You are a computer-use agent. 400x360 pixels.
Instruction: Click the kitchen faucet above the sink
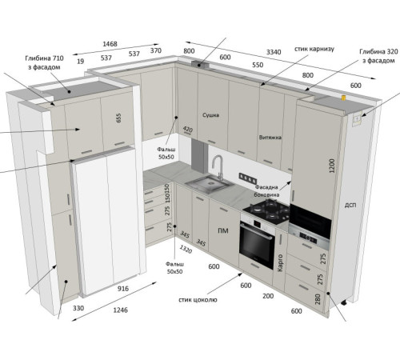(218, 166)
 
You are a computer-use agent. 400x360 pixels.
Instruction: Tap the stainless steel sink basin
(210, 183)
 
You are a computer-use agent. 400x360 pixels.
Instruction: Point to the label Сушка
(210, 115)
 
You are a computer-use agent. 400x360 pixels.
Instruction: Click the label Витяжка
(270, 138)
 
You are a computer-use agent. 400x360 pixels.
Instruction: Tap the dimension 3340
(274, 52)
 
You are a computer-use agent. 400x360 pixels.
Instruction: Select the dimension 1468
(110, 44)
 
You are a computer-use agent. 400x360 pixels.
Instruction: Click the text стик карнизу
(314, 49)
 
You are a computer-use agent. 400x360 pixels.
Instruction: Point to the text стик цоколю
(198, 300)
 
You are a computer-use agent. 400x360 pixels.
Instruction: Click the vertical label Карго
(280, 262)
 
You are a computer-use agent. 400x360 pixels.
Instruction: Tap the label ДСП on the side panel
(350, 205)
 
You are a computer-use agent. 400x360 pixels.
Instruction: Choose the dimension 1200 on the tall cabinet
(331, 166)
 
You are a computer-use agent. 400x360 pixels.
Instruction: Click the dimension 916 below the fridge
(123, 288)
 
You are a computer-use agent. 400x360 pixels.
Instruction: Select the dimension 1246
(121, 310)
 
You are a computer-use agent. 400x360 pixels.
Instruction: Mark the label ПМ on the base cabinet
(223, 230)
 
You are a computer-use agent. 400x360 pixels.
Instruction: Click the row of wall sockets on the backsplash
(248, 178)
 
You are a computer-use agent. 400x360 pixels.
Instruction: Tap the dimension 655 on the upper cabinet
(118, 118)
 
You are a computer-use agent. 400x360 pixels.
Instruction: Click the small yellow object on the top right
(343, 98)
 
